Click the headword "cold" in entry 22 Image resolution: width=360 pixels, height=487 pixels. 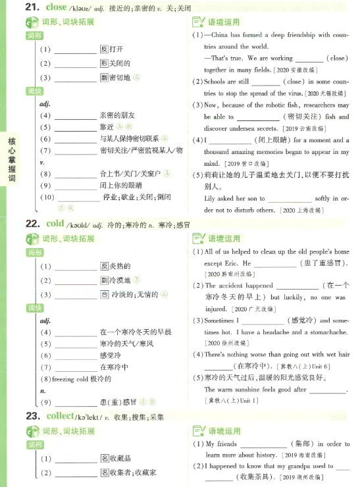coord(55,224)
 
